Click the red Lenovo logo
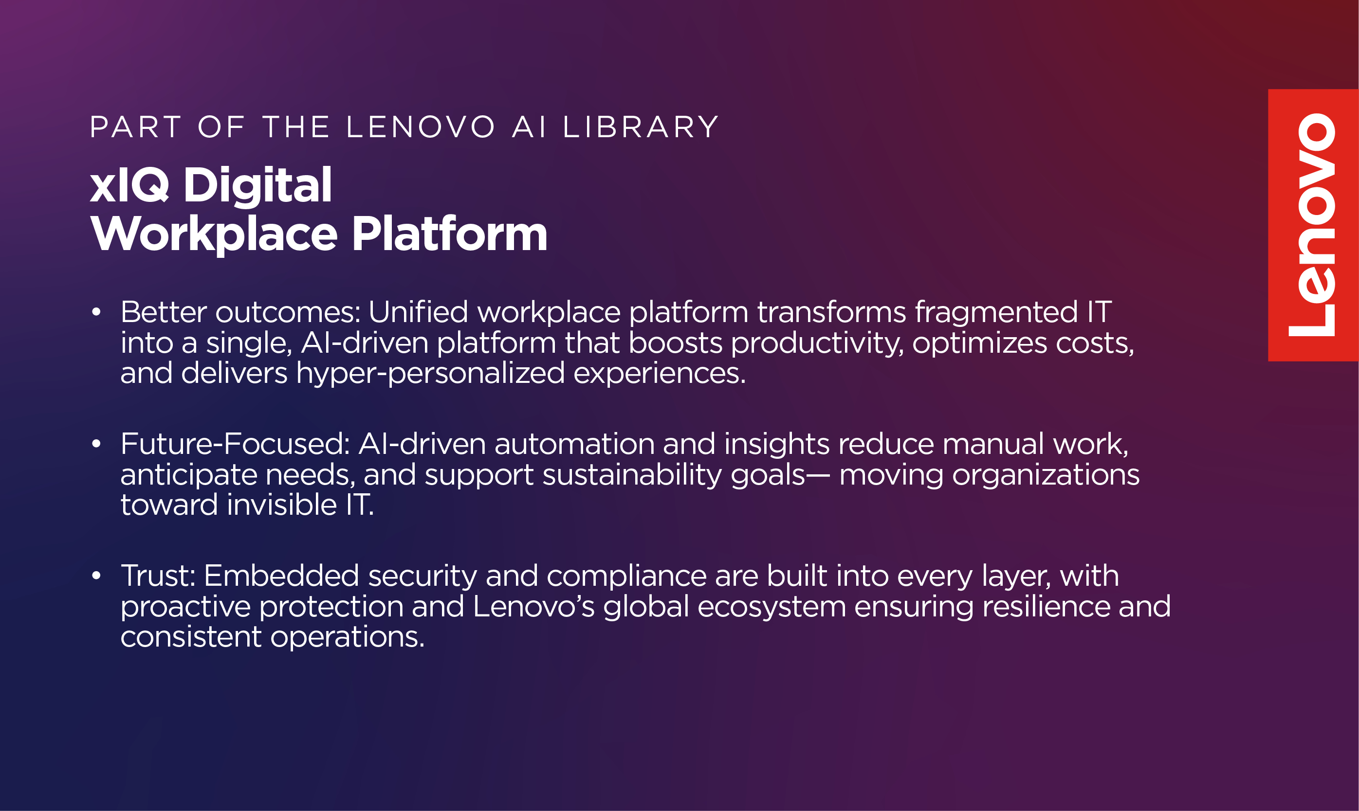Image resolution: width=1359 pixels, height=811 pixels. (x=1313, y=225)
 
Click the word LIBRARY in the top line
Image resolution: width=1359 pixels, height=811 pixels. (x=641, y=127)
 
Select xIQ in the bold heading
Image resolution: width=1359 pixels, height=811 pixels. (x=129, y=185)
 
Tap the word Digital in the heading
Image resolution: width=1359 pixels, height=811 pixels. (x=257, y=186)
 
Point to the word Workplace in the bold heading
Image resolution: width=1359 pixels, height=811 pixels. (x=214, y=234)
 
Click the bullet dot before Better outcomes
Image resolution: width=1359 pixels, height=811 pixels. (x=97, y=312)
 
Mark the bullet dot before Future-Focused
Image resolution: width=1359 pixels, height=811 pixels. (x=97, y=444)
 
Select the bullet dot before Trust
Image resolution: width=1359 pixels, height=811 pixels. (x=97, y=576)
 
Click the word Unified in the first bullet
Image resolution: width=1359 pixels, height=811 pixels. (x=418, y=311)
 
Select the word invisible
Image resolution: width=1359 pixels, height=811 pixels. (x=282, y=505)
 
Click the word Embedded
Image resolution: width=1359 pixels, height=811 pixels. (x=281, y=576)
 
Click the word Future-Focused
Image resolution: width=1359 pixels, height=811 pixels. (x=235, y=444)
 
